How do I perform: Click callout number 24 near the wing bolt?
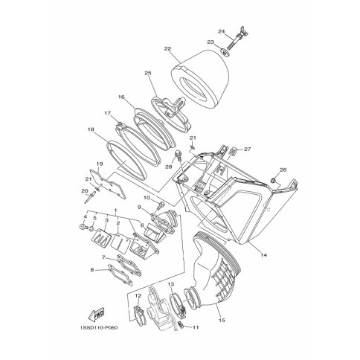click(x=221, y=31)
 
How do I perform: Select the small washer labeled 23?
click(x=225, y=53)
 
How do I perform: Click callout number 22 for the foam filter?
click(x=167, y=49)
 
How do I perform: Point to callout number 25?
click(x=148, y=73)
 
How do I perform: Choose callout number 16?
click(x=121, y=97)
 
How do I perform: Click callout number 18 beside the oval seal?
click(x=91, y=129)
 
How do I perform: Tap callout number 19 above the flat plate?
click(x=100, y=164)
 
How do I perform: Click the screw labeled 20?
click(x=90, y=197)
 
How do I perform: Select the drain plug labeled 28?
click(x=179, y=154)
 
